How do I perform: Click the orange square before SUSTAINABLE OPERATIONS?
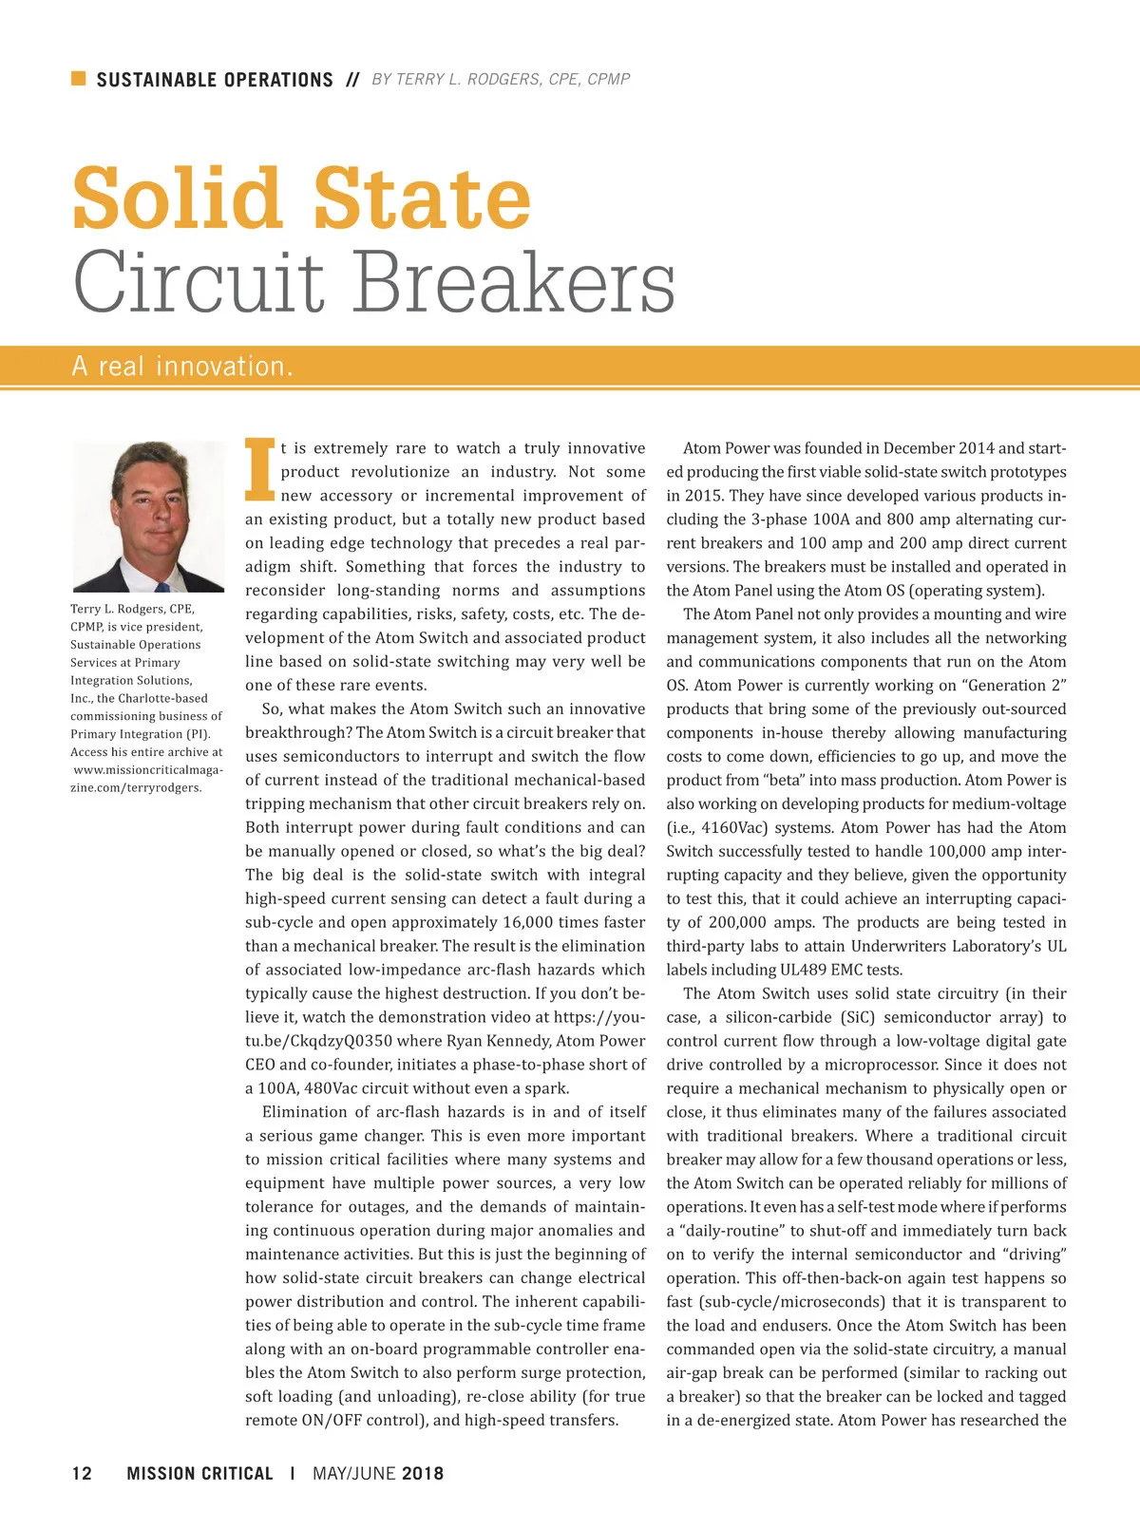click(x=79, y=78)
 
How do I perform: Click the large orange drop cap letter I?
click(x=259, y=469)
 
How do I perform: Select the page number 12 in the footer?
click(x=82, y=1473)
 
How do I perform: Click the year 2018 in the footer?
click(x=422, y=1473)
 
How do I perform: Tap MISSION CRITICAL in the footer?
click(x=199, y=1473)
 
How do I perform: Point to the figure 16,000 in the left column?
click(x=476, y=922)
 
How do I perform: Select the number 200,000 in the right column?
click(x=745, y=922)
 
